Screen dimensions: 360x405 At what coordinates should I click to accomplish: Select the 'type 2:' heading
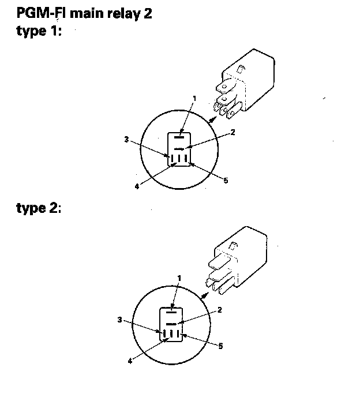pyautogui.click(x=38, y=208)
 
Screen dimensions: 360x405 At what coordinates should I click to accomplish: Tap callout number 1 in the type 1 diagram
pyautogui.click(x=194, y=98)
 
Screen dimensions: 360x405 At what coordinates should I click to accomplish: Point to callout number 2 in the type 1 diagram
pyautogui.click(x=232, y=132)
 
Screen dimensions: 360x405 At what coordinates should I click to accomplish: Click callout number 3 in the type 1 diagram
pyautogui.click(x=126, y=138)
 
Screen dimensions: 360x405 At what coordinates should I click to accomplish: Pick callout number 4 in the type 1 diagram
pyautogui.click(x=137, y=186)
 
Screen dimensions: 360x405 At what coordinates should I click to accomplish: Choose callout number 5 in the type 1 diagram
pyautogui.click(x=226, y=181)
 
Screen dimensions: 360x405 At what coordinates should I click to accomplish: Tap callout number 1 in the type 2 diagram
pyautogui.click(x=179, y=278)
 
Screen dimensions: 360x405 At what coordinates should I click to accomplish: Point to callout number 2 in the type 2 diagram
pyautogui.click(x=220, y=310)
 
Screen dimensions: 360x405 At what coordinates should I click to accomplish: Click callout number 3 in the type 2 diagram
pyautogui.click(x=119, y=319)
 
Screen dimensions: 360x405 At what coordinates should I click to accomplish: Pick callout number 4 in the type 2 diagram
pyautogui.click(x=130, y=362)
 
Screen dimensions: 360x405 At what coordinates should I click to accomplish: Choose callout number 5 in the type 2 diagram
pyautogui.click(x=220, y=346)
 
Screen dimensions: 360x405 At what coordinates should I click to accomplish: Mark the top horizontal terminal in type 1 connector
pyautogui.click(x=179, y=138)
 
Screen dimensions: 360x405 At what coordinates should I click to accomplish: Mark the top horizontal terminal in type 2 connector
pyautogui.click(x=171, y=312)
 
